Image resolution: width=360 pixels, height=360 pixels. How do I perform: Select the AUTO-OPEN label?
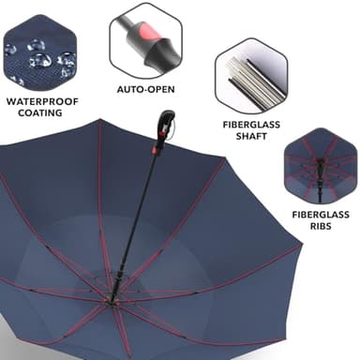pyautogui.click(x=145, y=89)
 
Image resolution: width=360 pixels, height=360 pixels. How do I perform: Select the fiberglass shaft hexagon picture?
pyautogui.click(x=249, y=74)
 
